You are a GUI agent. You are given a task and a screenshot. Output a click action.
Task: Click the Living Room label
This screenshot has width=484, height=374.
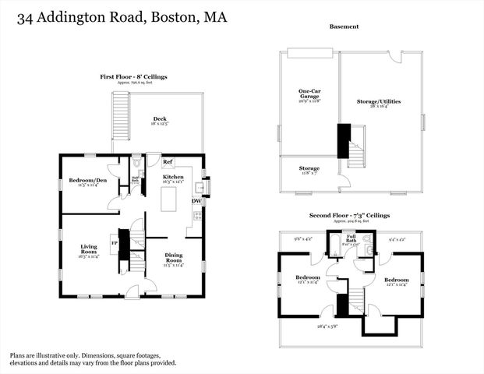tap(88, 250)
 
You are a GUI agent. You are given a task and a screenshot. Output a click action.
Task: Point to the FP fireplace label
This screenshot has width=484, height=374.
tap(114, 243)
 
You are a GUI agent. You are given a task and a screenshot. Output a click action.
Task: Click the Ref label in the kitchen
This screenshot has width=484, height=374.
tap(168, 162)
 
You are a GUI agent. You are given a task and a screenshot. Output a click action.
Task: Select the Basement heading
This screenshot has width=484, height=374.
tap(344, 26)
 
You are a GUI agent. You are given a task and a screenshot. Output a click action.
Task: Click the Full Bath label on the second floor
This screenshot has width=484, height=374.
tap(352, 239)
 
